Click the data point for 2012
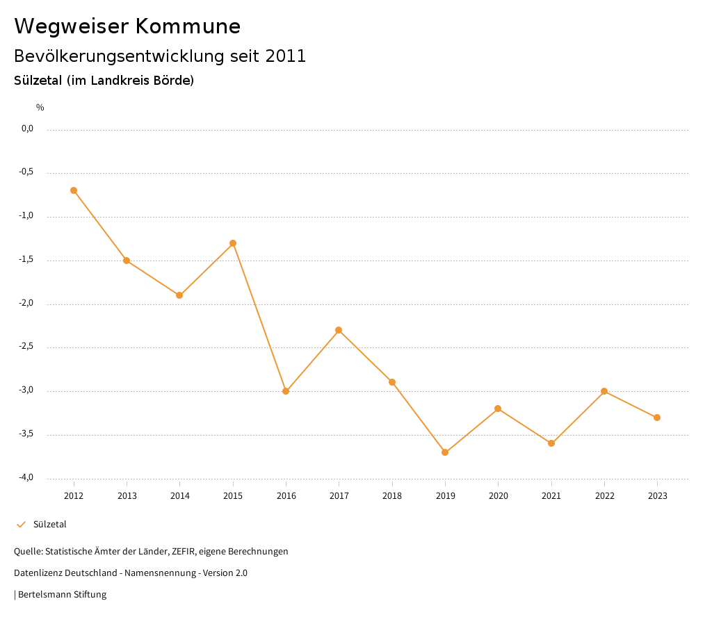click(x=74, y=190)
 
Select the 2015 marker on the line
click(x=233, y=243)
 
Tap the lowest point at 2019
click(x=445, y=452)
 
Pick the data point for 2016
click(x=286, y=391)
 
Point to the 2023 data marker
click(x=657, y=418)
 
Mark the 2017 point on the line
click(x=339, y=330)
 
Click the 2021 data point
click(x=551, y=443)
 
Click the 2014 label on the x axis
click(x=180, y=496)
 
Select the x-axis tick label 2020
click(x=499, y=496)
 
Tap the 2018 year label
click(x=392, y=496)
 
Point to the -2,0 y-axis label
click(x=27, y=304)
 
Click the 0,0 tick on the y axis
click(x=28, y=129)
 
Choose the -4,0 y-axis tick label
click(x=27, y=478)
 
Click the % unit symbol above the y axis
click(x=40, y=108)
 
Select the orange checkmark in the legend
click(x=21, y=525)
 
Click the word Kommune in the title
click(x=188, y=26)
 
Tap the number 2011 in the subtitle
click(x=286, y=56)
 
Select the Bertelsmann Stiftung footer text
click(x=62, y=595)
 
